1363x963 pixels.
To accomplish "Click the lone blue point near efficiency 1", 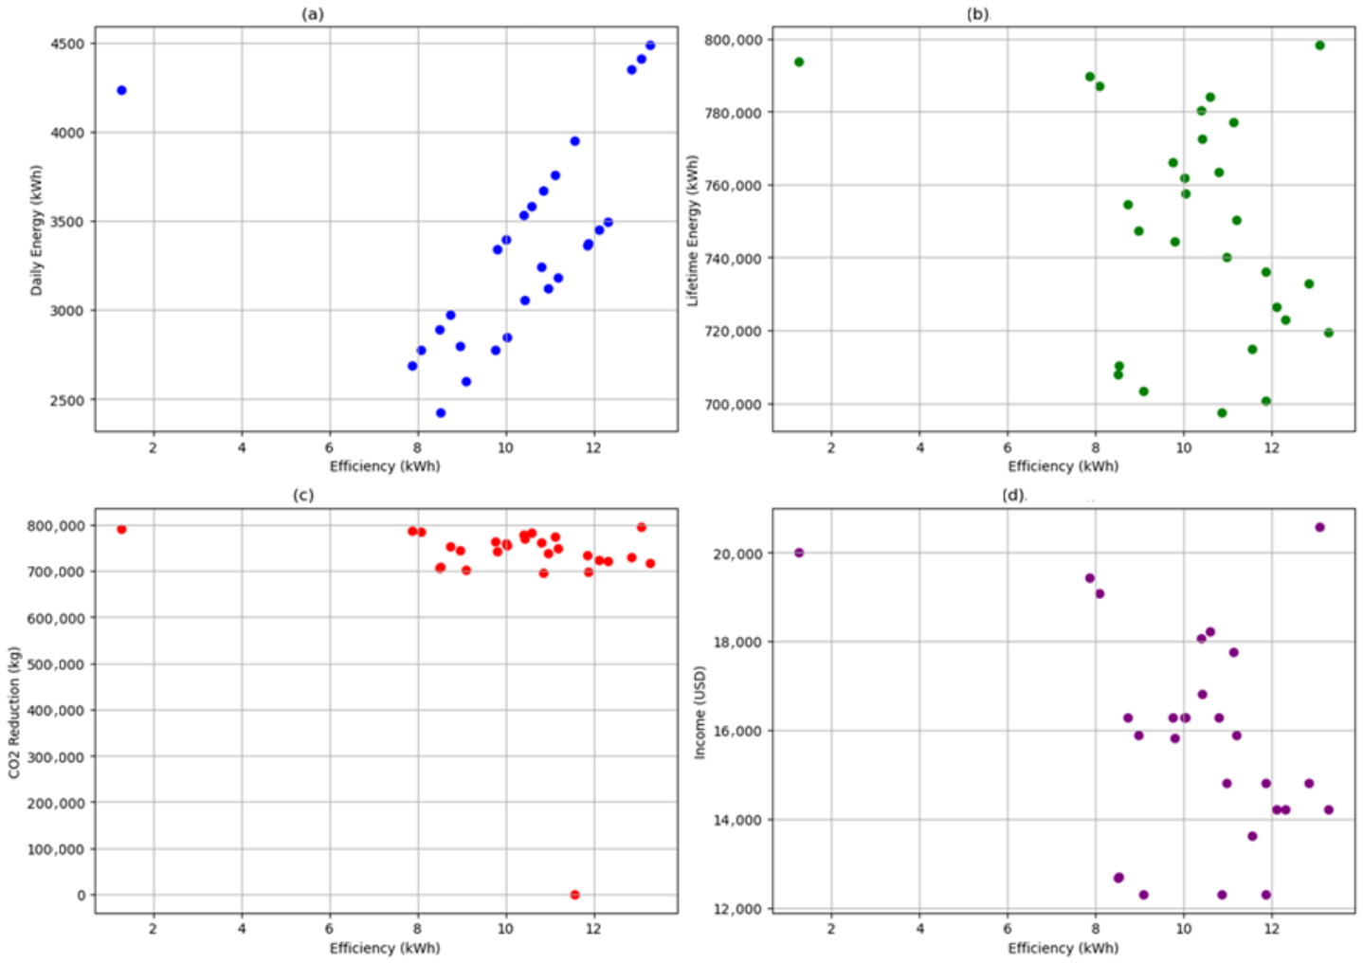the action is click(121, 91).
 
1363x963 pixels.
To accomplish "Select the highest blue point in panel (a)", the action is click(650, 45).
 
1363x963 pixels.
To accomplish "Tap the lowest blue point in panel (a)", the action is click(441, 413).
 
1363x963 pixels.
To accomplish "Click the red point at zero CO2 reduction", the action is click(575, 895).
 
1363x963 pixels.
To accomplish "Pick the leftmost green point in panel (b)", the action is click(800, 62).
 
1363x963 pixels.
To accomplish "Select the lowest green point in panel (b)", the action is click(1222, 413).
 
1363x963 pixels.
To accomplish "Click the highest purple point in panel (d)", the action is click(1319, 527).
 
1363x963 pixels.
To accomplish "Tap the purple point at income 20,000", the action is click(800, 553).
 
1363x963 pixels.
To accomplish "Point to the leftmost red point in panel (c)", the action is click(121, 530).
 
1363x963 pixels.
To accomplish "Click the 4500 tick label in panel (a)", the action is click(67, 45).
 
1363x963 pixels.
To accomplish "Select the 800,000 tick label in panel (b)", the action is click(734, 40).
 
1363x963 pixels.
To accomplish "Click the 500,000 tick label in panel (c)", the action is click(55, 664).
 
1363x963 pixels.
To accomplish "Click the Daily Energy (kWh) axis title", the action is click(37, 230).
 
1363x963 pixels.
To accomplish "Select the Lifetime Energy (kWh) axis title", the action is click(693, 230).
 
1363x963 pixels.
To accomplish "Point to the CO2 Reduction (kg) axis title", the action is click(14, 713).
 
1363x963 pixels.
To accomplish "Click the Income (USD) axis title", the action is click(700, 713).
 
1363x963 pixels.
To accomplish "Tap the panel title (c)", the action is click(303, 495).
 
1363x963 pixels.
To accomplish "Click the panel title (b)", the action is click(978, 14).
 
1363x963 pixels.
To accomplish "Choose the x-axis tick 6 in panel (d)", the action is click(1008, 929).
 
